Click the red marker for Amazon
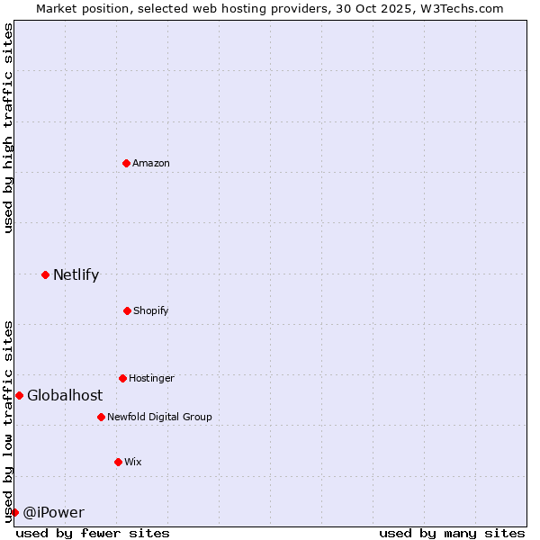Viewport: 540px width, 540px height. tap(126, 163)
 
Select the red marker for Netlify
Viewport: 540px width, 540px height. tap(45, 274)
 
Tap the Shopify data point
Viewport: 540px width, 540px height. tap(127, 310)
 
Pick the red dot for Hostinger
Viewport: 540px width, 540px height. tap(122, 378)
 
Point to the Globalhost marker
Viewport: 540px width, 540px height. tap(19, 395)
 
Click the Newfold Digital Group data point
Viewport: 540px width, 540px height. tap(101, 417)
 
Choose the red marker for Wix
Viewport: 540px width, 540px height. tap(118, 462)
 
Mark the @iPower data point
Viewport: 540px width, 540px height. tap(14, 512)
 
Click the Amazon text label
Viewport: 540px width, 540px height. tap(151, 163)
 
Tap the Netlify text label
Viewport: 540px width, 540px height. tap(76, 274)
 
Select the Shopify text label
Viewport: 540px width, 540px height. tap(151, 310)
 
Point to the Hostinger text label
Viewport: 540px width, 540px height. tap(151, 378)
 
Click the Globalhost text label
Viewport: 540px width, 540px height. tap(65, 395)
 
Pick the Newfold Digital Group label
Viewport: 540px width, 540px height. tap(159, 417)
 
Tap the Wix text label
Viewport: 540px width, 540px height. tap(133, 462)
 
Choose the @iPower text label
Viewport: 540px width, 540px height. tap(53, 512)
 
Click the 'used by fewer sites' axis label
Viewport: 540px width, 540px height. tap(93, 533)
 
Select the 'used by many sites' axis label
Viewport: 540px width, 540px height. tap(452, 533)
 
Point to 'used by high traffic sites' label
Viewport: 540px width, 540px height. tap(8, 128)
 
